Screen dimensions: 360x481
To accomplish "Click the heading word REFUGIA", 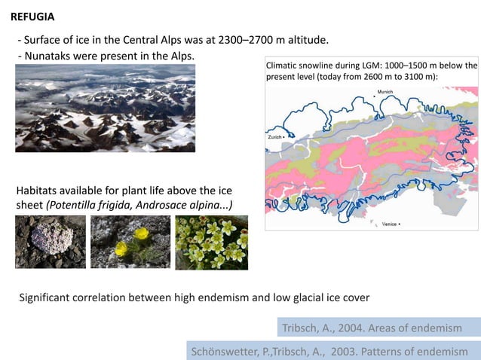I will coord(32,16).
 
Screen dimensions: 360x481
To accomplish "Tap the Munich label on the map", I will coord(384,92).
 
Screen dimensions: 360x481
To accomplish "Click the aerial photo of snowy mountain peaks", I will coord(105,108).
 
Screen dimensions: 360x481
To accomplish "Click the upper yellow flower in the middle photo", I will coord(140,234).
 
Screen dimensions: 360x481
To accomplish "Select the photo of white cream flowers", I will coord(211,243).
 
